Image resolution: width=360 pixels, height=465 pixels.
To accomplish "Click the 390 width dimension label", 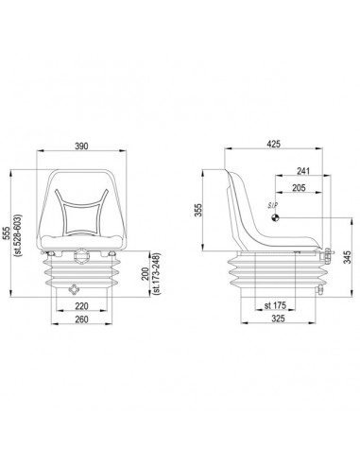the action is coord(81,146).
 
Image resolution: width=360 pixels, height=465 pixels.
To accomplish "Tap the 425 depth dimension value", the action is coord(273,144).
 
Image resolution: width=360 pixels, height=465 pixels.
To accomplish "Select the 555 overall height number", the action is coord(6,233).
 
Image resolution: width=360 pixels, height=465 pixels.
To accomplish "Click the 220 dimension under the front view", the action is coord(81,306).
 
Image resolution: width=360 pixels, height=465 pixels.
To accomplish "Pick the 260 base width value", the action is coord(81,319).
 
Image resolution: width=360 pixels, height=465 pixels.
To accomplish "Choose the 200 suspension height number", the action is coord(146,274).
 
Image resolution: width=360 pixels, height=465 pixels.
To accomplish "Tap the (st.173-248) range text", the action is coord(157,273).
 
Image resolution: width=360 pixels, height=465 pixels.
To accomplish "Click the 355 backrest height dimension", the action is coord(197,211).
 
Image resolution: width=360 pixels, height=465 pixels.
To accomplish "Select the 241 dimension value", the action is coord(303,171).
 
